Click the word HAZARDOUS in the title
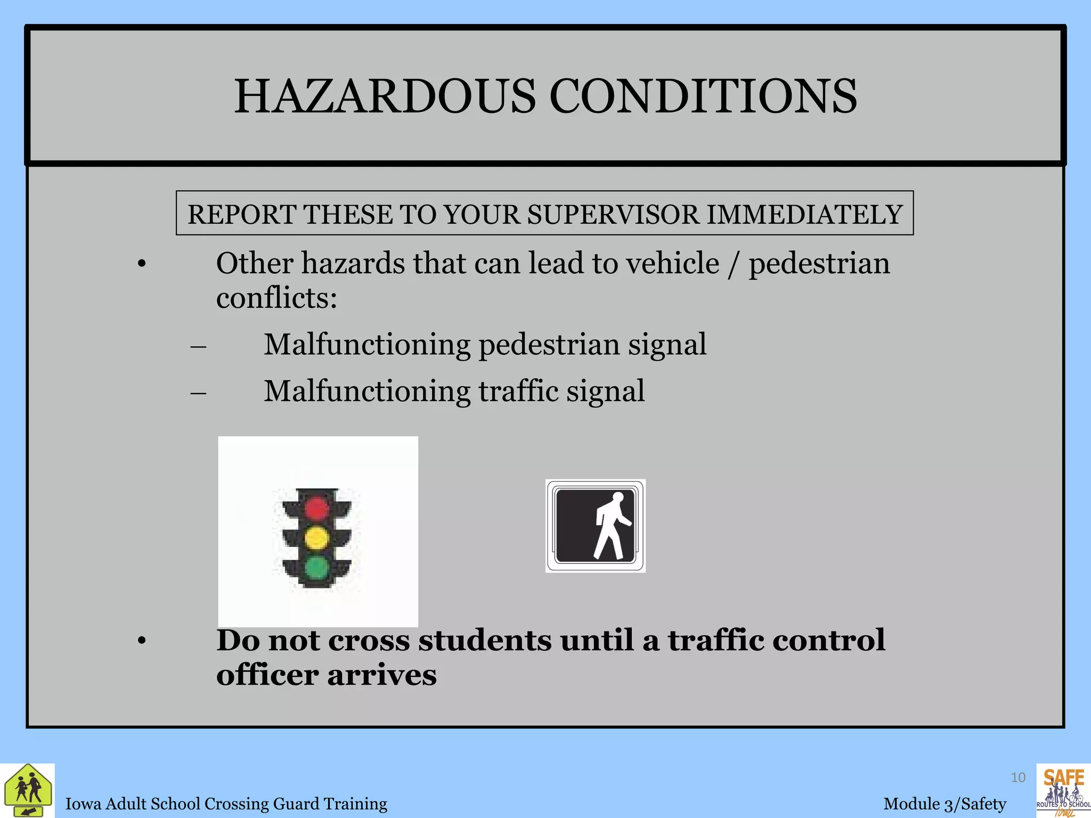[385, 96]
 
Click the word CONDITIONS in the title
[703, 96]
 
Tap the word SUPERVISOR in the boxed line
[613, 215]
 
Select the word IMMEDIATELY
[804, 215]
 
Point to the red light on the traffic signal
[316, 508]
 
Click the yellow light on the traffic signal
[316, 538]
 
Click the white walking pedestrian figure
[611, 526]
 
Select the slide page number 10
[1018, 778]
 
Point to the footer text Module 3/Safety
[945, 804]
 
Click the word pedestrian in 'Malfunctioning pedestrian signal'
[549, 345]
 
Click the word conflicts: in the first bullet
[276, 297]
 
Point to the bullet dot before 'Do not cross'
[141, 642]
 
